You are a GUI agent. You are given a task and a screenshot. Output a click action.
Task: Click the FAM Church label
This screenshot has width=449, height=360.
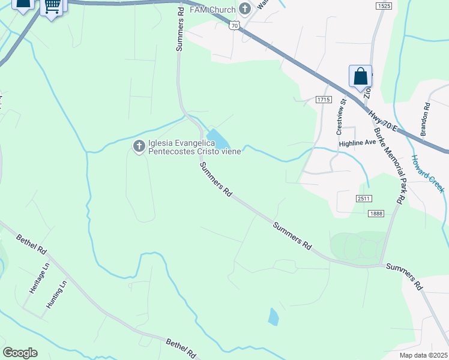(x=213, y=10)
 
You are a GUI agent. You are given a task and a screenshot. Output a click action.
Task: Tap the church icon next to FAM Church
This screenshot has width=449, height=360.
(x=245, y=9)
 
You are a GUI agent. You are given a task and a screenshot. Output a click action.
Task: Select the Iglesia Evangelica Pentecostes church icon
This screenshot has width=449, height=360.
(x=139, y=146)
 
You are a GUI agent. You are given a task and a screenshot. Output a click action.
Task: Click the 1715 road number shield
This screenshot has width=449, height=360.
(x=324, y=99)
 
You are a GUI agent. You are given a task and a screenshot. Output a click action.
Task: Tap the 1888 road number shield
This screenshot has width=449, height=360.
(x=376, y=213)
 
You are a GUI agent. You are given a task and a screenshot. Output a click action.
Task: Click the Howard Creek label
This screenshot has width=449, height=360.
(x=427, y=174)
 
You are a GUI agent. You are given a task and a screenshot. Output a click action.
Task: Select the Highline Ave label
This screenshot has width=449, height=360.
(x=357, y=143)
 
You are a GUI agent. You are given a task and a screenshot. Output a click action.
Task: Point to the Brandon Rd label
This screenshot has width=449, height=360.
(x=426, y=119)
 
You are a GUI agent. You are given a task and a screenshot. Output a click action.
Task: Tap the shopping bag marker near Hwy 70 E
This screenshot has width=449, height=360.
(x=360, y=77)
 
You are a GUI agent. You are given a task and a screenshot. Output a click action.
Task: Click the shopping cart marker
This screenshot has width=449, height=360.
(x=52, y=6)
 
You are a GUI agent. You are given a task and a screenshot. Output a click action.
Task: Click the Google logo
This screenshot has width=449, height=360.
(x=20, y=353)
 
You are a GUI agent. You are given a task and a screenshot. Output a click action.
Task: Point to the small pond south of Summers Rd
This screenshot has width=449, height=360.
(x=273, y=316)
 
